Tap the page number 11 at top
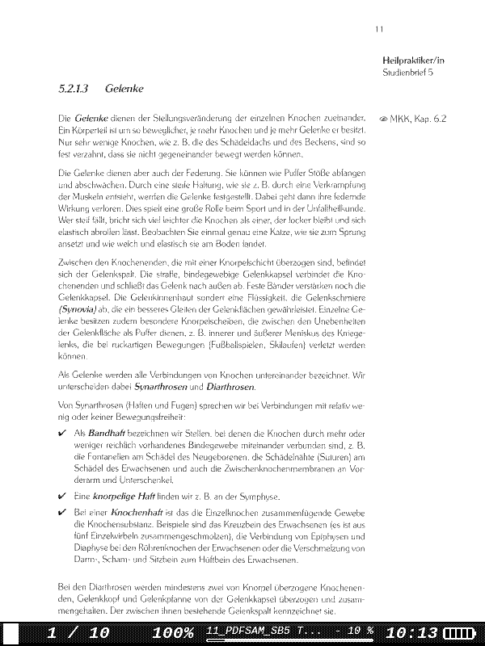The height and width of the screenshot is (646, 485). point(379,30)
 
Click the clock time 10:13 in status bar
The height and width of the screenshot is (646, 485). point(412,632)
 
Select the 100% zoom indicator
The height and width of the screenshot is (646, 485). point(171,632)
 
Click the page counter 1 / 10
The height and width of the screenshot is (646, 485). point(77,632)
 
